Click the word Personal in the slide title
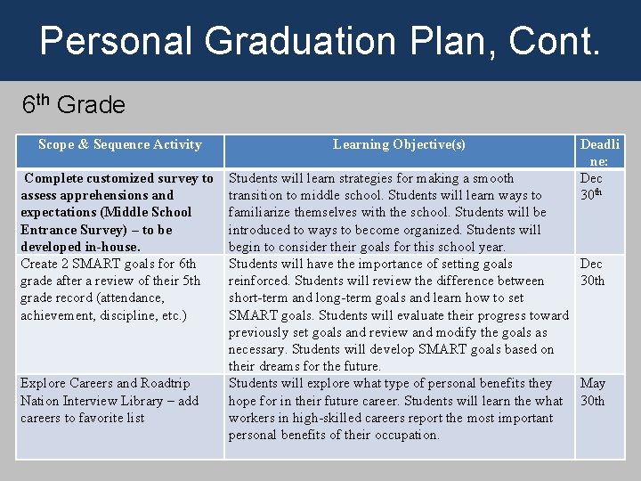click(x=114, y=41)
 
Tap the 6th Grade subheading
click(x=74, y=105)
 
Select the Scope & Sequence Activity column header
click(x=120, y=144)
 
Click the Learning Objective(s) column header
click(x=399, y=144)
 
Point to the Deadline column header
click(x=601, y=151)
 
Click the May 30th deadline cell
click(x=593, y=392)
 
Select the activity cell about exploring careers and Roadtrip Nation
click(x=110, y=401)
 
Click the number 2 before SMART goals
click(x=68, y=264)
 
